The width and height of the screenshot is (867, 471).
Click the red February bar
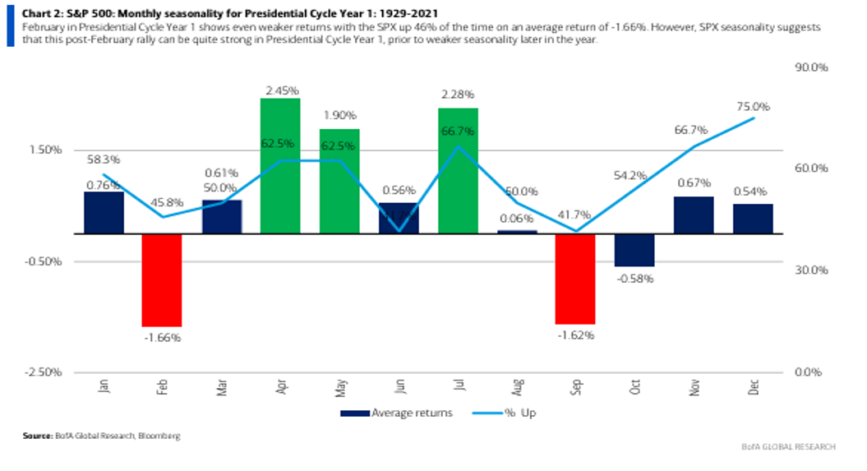click(x=161, y=279)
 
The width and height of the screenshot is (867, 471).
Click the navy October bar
click(x=634, y=250)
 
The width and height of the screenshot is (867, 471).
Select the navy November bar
click(x=694, y=215)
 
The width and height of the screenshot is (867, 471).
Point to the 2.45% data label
click(x=280, y=89)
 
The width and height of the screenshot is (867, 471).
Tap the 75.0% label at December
click(x=753, y=107)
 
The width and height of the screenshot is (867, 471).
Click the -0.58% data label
click(x=634, y=278)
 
